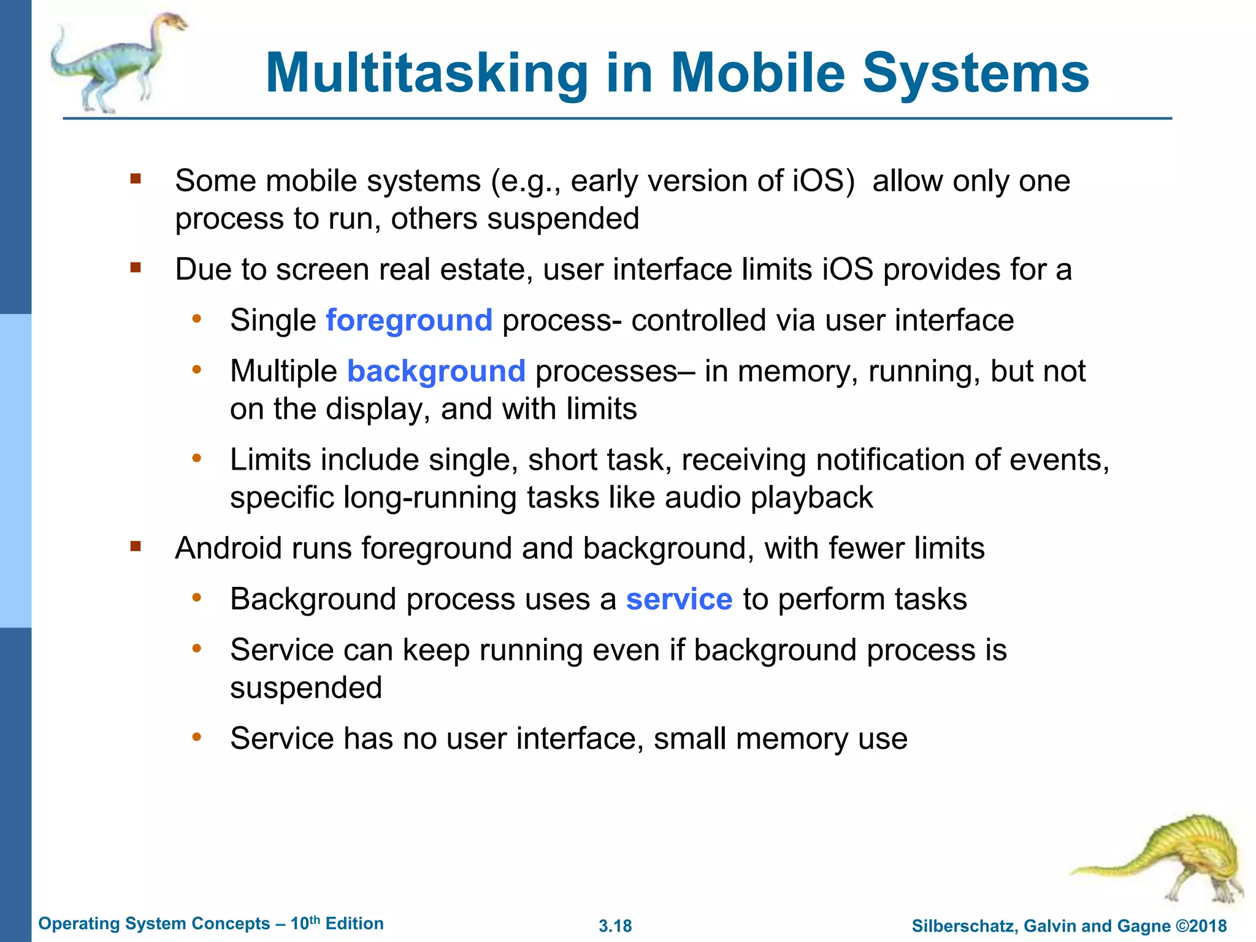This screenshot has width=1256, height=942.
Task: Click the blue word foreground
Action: pos(408,321)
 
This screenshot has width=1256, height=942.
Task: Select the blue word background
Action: pos(436,372)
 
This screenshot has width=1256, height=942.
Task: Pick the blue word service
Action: pos(679,600)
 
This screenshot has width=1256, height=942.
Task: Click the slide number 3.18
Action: pos(615,926)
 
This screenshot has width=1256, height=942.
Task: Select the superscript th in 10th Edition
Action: pos(314,919)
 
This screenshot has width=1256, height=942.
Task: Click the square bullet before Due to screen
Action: pos(136,268)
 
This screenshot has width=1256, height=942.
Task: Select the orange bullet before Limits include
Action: pos(196,458)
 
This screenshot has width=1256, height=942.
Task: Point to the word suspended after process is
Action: pos(305,688)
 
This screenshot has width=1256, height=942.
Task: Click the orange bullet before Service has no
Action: pos(196,737)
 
